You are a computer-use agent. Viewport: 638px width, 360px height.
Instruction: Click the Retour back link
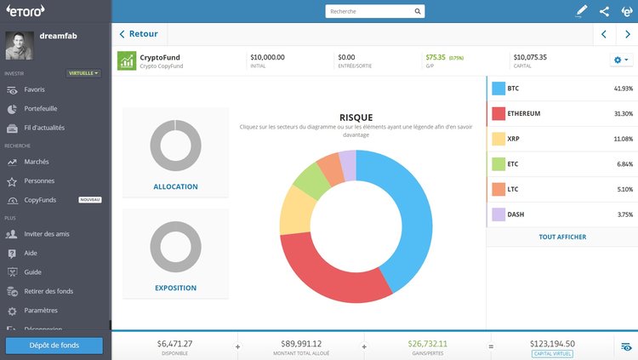point(143,34)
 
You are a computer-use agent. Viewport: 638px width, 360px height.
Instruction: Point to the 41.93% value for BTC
point(622,89)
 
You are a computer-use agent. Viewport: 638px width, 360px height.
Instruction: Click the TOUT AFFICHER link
point(562,237)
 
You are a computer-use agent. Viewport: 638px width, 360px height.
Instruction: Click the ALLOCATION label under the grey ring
point(175,186)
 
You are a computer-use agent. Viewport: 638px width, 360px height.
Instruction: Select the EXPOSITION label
point(175,288)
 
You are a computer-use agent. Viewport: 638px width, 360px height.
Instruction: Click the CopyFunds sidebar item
point(41,200)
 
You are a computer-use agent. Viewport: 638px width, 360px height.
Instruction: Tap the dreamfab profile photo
point(20,46)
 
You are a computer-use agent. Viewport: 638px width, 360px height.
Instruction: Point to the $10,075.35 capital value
point(530,57)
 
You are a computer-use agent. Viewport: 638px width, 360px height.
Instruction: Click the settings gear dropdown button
point(620,60)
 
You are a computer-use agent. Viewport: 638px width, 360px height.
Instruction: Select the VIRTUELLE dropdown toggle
point(84,73)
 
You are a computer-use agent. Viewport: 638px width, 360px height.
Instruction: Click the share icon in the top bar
point(604,12)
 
